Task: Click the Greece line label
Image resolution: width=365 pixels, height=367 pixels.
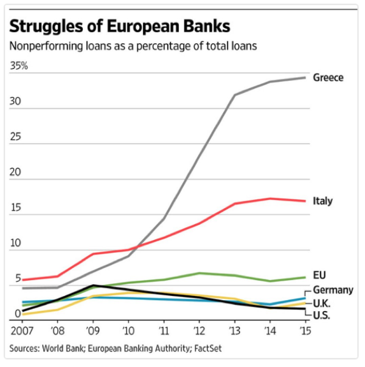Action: (x=328, y=78)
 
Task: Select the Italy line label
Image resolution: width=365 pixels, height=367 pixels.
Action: (x=322, y=201)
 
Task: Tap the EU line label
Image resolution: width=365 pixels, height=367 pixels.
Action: (x=319, y=275)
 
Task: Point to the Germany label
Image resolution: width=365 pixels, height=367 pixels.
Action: (x=333, y=290)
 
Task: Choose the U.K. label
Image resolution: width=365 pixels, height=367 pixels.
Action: (x=321, y=304)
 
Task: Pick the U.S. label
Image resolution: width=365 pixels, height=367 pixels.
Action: (x=321, y=315)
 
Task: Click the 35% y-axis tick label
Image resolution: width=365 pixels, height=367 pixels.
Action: (x=19, y=66)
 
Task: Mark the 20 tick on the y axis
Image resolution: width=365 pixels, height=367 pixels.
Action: (x=15, y=172)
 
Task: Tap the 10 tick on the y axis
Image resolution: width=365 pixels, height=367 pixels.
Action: (x=15, y=243)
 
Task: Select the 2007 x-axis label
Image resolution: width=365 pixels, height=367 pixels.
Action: (x=22, y=331)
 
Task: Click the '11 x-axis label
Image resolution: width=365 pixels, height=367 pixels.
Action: (x=164, y=331)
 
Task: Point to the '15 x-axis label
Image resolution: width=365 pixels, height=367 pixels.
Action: (x=305, y=331)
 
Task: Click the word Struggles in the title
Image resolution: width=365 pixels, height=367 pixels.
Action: (x=46, y=27)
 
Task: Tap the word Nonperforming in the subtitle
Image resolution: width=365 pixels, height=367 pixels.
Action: (x=46, y=46)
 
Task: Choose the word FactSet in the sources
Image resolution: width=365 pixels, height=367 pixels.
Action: (x=208, y=349)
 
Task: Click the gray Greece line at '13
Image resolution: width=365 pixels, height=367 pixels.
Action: (x=235, y=95)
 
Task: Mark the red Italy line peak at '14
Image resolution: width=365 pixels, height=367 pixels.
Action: (x=270, y=199)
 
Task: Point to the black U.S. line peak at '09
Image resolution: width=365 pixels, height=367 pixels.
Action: (x=93, y=286)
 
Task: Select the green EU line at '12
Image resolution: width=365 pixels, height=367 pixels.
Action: (x=199, y=273)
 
